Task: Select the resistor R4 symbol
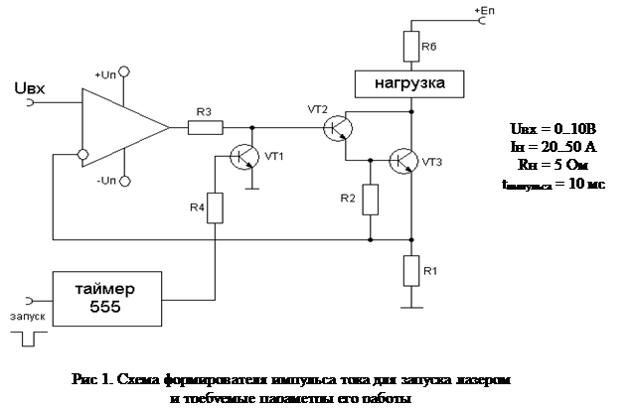[216, 208]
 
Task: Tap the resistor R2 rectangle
[371, 199]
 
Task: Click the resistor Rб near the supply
[410, 46]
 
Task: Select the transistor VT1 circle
[245, 157]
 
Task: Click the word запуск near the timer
[27, 317]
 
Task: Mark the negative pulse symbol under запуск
[28, 339]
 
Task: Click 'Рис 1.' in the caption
[93, 378]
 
